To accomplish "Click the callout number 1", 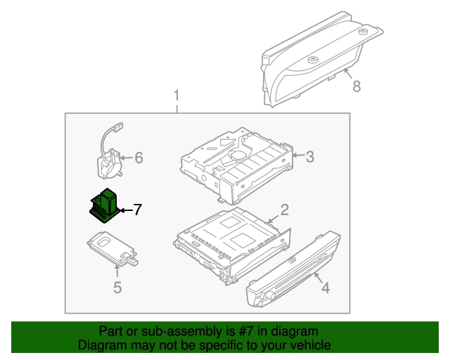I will pos(176,95).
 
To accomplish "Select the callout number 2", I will pos(285,209).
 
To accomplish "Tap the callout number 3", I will pos(309,156).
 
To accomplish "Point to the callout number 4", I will pos(325,287).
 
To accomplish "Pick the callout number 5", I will pos(117,287).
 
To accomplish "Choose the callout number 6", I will pos(139,158).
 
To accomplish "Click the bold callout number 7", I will pos(138,209).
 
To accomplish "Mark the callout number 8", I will pos(356,86).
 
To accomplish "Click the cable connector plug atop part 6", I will pos(117,127).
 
